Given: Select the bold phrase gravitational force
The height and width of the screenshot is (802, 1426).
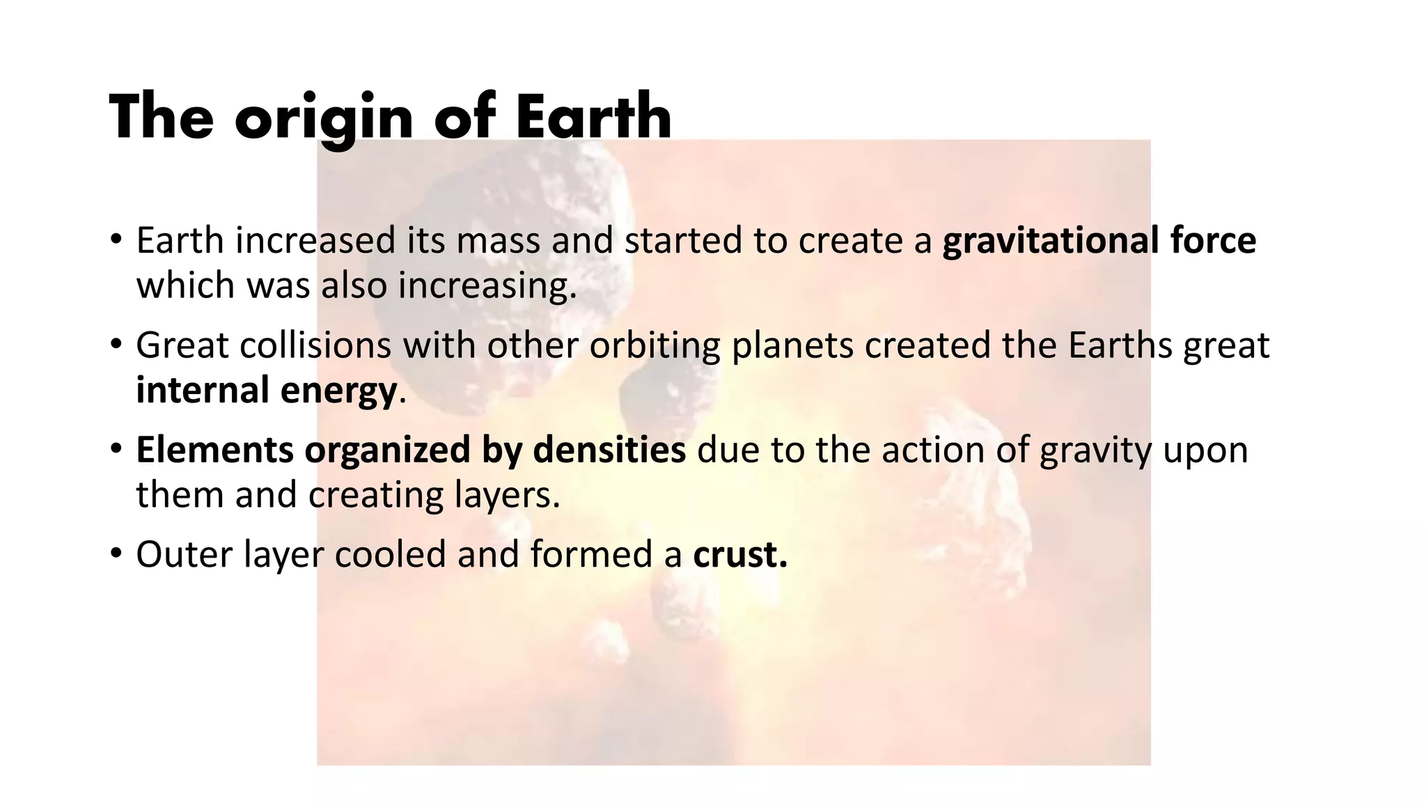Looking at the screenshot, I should [x=1099, y=240].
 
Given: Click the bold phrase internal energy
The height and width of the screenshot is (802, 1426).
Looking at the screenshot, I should [x=266, y=390].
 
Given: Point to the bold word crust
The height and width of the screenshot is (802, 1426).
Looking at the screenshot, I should [x=739, y=554].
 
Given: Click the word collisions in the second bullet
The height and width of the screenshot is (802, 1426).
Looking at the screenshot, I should [x=315, y=345].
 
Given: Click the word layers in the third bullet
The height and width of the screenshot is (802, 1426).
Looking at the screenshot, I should [x=507, y=495].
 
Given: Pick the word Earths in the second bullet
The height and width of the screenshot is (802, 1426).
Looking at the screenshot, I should [x=1120, y=345].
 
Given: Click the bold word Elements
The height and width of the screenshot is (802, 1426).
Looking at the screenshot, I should [x=214, y=450].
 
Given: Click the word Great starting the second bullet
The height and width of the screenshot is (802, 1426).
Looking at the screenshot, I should [x=182, y=345].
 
